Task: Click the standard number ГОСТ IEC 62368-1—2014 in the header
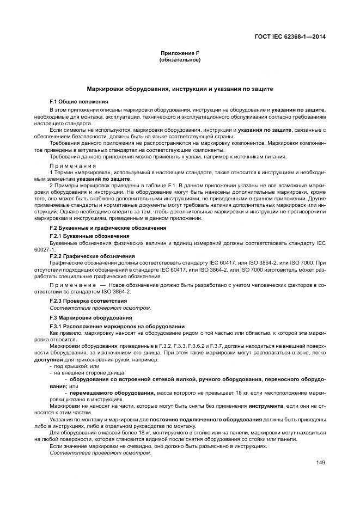click(294, 37)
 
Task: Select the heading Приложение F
click(179, 53)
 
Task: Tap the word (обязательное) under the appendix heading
click(179, 59)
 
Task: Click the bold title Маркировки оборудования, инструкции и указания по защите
click(180, 88)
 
